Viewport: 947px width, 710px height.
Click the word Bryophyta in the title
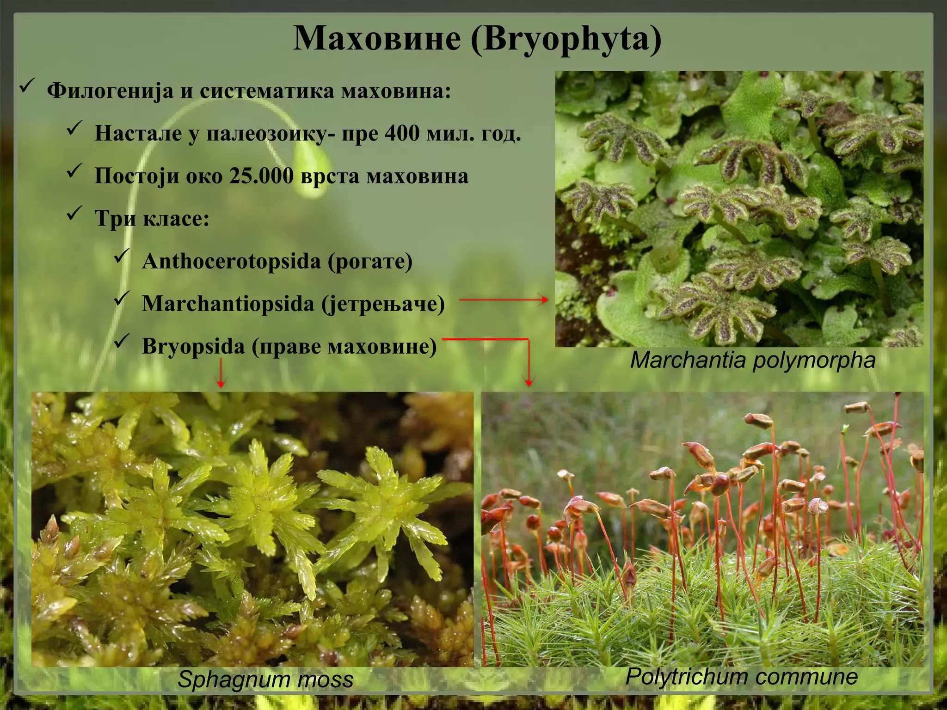[566, 39]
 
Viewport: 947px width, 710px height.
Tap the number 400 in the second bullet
[402, 133]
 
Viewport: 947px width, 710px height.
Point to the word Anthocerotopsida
[231, 261]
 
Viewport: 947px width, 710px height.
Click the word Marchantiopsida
[228, 304]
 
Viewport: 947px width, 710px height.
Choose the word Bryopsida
[193, 346]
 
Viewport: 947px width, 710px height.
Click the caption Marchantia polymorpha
[753, 360]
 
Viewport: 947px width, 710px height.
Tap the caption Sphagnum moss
[265, 679]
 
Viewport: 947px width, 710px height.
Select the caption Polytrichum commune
[741, 676]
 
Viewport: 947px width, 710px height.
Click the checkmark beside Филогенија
[27, 85]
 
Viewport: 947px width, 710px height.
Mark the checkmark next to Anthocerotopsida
[122, 256]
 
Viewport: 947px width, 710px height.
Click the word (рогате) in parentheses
[370, 261]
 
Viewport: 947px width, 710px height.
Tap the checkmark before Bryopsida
[122, 341]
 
